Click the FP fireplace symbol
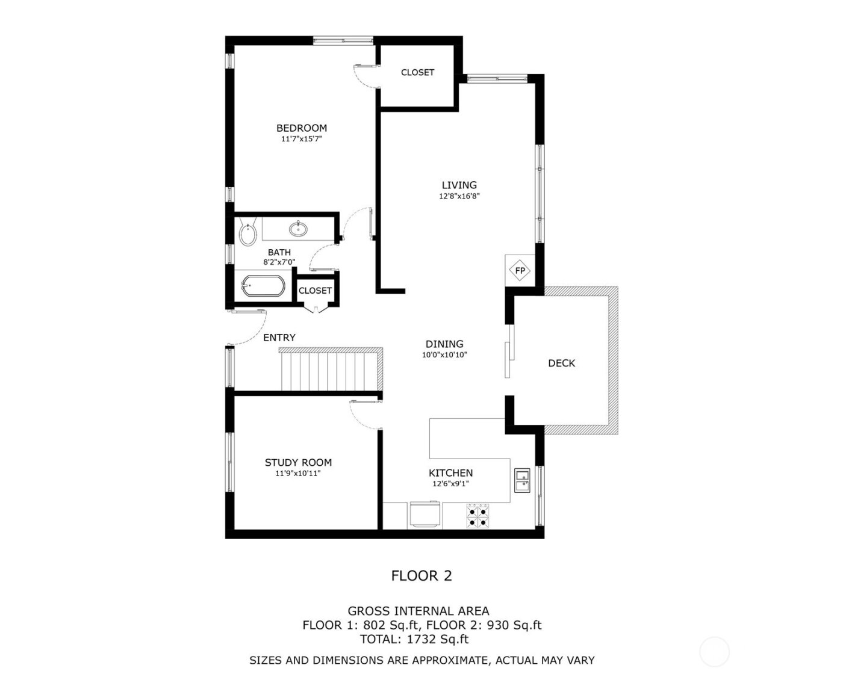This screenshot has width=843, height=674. coord(520,271)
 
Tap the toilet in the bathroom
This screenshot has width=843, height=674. coord(247,234)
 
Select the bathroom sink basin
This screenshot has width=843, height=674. coord(298,229)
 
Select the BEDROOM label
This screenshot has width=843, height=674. coord(301,128)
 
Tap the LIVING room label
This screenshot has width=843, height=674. coord(459,185)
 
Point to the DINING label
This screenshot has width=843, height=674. coord(444,344)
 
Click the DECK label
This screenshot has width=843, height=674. coord(561,363)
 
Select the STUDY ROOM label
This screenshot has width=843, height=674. coord(298,463)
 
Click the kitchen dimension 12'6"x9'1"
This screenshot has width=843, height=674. coord(450,483)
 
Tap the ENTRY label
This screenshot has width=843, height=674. coord(279,338)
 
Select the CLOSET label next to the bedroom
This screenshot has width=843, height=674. coord(417,72)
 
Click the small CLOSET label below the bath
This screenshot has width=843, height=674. coord(315,291)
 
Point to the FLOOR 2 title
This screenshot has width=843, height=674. coord(421,576)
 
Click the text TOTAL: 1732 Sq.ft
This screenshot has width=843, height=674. coord(414,639)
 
